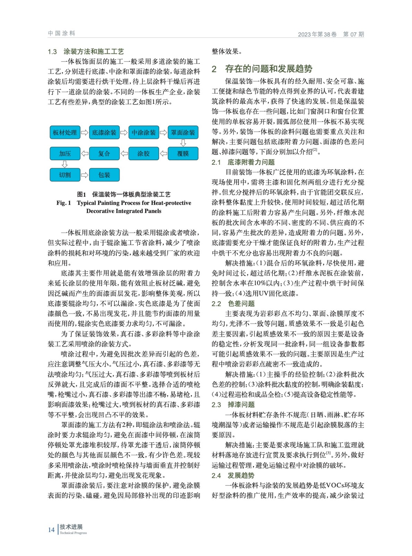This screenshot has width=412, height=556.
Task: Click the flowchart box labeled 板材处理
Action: click(x=65, y=132)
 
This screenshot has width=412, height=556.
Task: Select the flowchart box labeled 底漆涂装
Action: click(x=104, y=132)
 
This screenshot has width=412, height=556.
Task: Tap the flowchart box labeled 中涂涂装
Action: click(x=144, y=132)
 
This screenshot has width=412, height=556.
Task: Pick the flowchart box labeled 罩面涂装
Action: click(x=183, y=132)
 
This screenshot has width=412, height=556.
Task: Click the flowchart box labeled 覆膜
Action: click(x=183, y=154)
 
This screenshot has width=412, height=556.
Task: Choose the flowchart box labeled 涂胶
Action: click(x=144, y=154)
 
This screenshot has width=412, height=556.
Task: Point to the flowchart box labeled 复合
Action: click(x=104, y=154)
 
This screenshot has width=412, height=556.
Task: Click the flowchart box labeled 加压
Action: click(x=65, y=154)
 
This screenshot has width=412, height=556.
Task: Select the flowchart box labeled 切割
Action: click(x=65, y=175)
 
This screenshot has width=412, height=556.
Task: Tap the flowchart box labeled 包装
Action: click(x=104, y=175)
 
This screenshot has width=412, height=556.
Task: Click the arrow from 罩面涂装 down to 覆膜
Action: click(x=183, y=143)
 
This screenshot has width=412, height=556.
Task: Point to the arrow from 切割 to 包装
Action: click(x=85, y=175)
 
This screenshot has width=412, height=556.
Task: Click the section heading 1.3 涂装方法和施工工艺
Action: click(x=86, y=52)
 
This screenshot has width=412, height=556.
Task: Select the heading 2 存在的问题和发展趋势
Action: click(x=262, y=69)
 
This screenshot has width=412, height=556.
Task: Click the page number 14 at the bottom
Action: click(x=51, y=530)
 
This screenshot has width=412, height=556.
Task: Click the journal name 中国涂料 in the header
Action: click(x=62, y=33)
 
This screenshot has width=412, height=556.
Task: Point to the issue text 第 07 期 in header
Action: click(x=353, y=34)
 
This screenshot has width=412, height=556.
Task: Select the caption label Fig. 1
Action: click(x=64, y=203)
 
